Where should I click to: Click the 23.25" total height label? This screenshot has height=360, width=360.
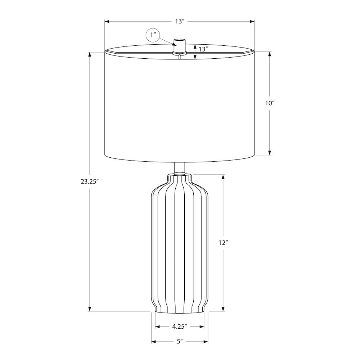point(90,181)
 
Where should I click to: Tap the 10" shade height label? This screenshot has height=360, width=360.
point(270,103)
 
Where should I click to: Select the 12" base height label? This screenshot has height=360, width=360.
point(223,243)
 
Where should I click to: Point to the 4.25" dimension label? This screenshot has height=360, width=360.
point(180,327)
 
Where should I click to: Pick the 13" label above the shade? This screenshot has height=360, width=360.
point(180,21)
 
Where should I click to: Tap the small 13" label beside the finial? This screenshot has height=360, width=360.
point(203,49)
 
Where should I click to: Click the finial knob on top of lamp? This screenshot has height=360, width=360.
point(179,45)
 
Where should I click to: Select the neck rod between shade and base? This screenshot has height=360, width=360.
point(180,168)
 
